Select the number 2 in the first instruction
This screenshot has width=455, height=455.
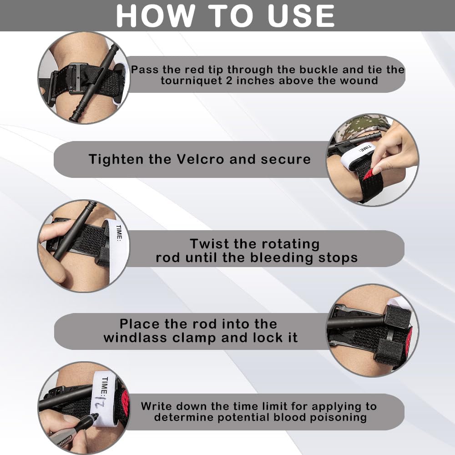pos(229,81)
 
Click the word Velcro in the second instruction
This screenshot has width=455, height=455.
pos(200,159)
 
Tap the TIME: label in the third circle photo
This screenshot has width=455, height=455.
pos(119,233)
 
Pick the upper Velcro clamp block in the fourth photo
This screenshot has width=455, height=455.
pos(398,316)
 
